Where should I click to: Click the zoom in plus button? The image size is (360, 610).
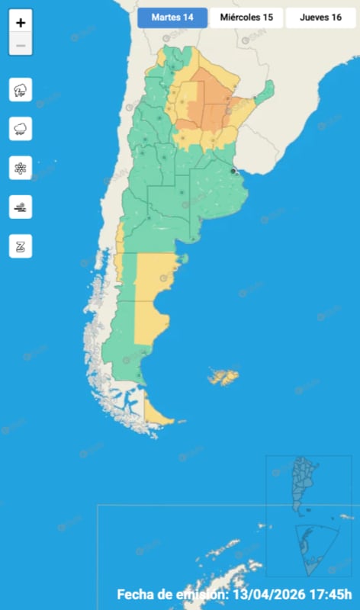pos(21,23)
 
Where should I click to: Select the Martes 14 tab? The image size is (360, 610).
pos(172,18)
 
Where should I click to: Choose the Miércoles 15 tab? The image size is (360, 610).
pos(246,18)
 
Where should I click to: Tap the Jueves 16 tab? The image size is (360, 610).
pos(320,18)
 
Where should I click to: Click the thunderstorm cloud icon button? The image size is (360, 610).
pos(21,90)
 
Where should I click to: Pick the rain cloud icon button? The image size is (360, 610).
pos(21,128)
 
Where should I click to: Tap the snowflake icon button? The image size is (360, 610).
pos(21,167)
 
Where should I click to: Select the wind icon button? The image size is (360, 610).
pos(21,206)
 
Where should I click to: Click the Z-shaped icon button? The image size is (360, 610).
pos(21,246)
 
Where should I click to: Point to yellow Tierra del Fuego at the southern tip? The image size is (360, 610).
pos(159,415)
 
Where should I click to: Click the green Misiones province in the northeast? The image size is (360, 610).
pos(264,93)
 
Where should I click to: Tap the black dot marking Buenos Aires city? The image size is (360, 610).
pos(233,172)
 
